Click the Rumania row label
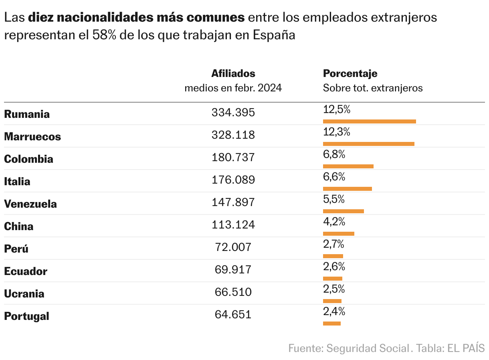[27, 114]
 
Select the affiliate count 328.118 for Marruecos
[233, 135]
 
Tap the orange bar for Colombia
[348, 166]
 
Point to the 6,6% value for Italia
[334, 177]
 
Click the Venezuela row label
[30, 204]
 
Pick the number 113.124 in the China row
[233, 225]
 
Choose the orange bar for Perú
[333, 256]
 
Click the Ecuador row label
[26, 271]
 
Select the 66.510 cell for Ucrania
[233, 292]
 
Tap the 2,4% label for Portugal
[334, 311]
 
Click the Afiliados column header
[233, 74]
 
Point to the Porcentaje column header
[350, 74]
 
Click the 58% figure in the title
[104, 35]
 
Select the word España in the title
[274, 35]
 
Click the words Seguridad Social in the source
[368, 348]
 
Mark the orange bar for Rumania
[369, 121]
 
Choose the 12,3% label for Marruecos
[336, 132]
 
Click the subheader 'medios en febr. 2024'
[233, 88]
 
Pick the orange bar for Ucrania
[332, 301]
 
